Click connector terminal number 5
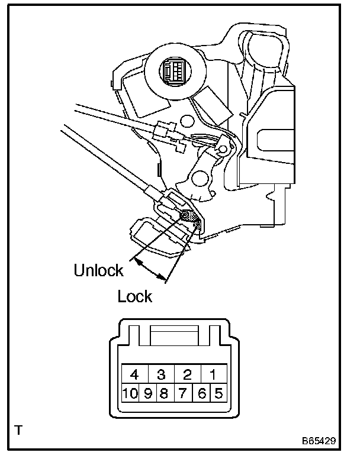click(219, 392)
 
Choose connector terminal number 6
click(203, 392)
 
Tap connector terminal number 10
click(130, 392)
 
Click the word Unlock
click(98, 271)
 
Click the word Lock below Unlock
click(135, 296)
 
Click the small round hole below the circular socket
click(187, 122)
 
